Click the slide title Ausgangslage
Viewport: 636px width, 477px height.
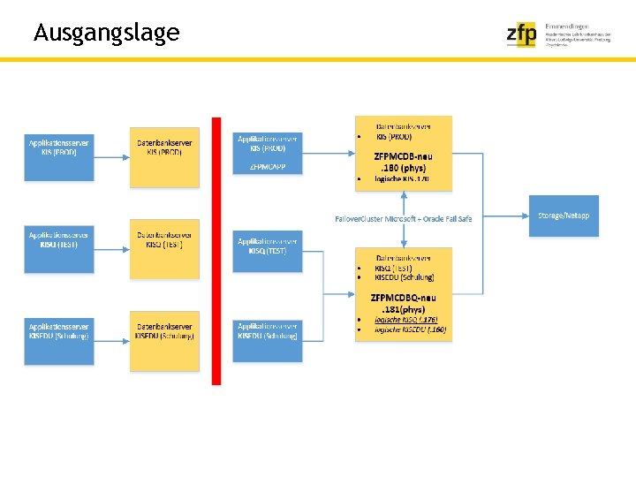pyautogui.click(x=106, y=34)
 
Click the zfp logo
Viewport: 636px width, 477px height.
pyautogui.click(x=521, y=34)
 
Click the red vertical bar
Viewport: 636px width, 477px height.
pyautogui.click(x=216, y=251)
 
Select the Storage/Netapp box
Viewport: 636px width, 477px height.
pyautogui.click(x=564, y=216)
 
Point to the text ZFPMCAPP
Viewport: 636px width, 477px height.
pyautogui.click(x=268, y=166)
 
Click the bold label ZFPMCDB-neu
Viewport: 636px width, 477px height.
pyautogui.click(x=403, y=156)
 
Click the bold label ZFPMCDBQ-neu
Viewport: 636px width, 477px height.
pyautogui.click(x=403, y=298)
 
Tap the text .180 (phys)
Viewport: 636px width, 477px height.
pyautogui.click(x=403, y=168)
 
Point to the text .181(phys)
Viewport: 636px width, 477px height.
pyautogui.click(x=403, y=309)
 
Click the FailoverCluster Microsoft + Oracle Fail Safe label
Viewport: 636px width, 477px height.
pyautogui.click(x=404, y=218)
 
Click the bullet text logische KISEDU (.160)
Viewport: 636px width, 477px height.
pyautogui.click(x=411, y=329)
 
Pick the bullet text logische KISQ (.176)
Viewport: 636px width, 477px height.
pyautogui.click(x=406, y=320)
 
